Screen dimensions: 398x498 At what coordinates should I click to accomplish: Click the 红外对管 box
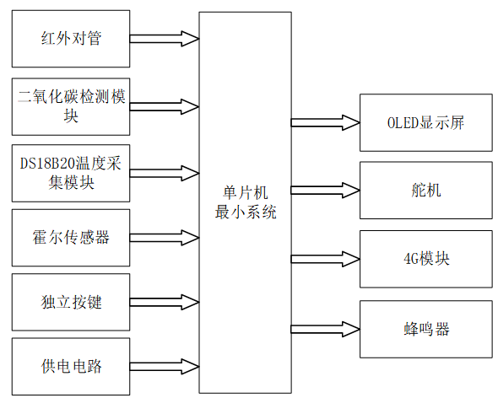click(x=72, y=39)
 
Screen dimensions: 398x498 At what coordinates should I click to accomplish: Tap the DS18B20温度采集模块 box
click(x=72, y=172)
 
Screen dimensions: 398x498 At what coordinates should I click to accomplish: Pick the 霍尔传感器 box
click(x=72, y=237)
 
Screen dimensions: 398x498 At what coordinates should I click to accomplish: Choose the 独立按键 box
click(x=72, y=301)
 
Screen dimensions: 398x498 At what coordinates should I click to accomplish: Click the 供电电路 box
click(x=72, y=366)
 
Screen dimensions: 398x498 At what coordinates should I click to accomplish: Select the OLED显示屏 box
click(x=425, y=122)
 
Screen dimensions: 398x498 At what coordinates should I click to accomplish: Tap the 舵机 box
click(x=425, y=190)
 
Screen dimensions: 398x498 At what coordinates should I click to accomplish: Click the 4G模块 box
click(x=425, y=258)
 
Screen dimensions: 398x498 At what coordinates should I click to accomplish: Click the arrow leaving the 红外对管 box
click(x=165, y=39)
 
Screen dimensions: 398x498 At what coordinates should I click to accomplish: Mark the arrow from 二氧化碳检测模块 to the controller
click(x=165, y=106)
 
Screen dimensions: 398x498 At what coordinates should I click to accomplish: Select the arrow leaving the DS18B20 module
click(x=165, y=172)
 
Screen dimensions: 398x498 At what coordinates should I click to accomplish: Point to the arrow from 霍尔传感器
click(x=165, y=237)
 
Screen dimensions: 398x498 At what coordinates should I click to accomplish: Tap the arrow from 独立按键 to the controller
click(x=165, y=301)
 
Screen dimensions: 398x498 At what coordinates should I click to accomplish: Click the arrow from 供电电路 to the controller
click(x=165, y=366)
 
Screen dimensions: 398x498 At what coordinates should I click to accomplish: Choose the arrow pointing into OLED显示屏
click(x=325, y=122)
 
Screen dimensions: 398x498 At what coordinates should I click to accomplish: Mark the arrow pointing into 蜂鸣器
click(x=325, y=325)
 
